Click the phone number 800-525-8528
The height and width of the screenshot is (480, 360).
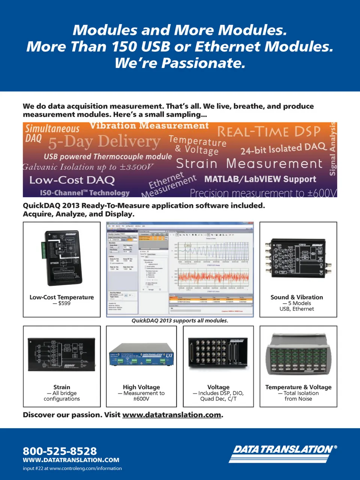tap(60, 451)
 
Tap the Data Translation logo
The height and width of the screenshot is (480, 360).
tap(284, 453)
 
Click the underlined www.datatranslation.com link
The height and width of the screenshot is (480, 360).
tap(171, 415)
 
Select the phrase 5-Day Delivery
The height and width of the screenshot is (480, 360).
tap(104, 141)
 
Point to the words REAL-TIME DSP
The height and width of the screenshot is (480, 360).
tap(269, 131)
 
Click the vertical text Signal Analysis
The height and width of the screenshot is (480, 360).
tap(332, 149)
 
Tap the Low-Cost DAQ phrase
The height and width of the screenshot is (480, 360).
tap(72, 180)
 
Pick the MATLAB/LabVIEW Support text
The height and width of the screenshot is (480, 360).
tap(260, 179)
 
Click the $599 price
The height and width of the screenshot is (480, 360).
tap(64, 303)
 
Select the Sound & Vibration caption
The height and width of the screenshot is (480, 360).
tap(297, 297)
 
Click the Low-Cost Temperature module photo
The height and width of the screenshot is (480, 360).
tap(62, 258)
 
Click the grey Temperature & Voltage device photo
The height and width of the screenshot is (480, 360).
tap(298, 355)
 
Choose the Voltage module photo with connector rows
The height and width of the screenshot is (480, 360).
tap(218, 354)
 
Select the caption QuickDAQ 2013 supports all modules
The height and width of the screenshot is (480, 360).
tap(180, 321)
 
